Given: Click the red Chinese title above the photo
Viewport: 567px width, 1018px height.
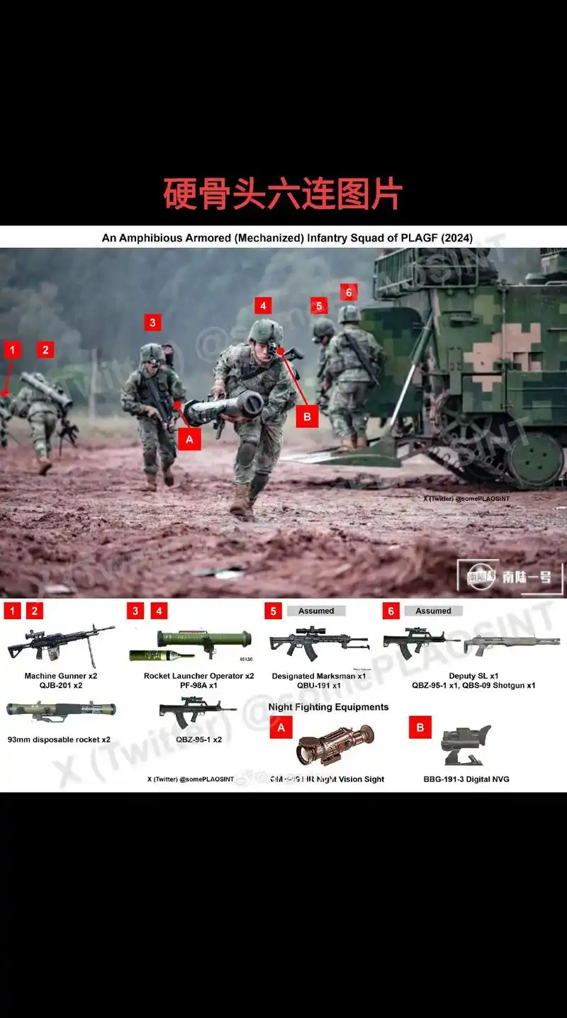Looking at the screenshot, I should [x=283, y=194].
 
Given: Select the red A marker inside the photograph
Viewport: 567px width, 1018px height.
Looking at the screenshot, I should [x=189, y=439].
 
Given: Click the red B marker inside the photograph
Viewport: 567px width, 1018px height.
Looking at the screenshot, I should [x=307, y=417].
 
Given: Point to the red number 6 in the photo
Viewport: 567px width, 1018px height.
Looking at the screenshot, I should [x=348, y=292].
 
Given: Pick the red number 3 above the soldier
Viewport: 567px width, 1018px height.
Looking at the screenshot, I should [x=152, y=323].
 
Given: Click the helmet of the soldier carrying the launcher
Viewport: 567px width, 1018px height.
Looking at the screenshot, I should [x=265, y=331].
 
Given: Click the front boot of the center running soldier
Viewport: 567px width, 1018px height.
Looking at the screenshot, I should [x=240, y=501].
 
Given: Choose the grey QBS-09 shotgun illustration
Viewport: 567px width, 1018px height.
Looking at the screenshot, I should [x=511, y=644].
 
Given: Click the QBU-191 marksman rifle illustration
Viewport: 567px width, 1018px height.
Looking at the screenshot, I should [x=319, y=643].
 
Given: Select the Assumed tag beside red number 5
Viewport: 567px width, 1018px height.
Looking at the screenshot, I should [x=316, y=611].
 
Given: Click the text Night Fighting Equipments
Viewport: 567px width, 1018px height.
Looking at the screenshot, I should [x=328, y=707].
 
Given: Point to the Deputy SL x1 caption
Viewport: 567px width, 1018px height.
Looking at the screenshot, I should [x=473, y=676].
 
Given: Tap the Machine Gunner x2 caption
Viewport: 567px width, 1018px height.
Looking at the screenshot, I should [x=61, y=676].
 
